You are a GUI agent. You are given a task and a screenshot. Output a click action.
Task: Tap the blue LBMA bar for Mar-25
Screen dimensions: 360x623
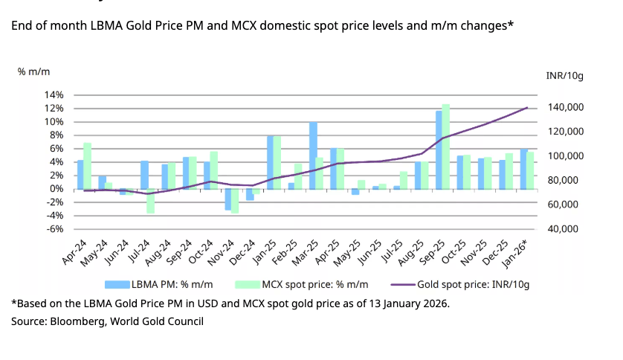[x=313, y=155]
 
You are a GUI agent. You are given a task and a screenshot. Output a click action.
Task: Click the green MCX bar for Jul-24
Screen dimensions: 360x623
[x=150, y=201]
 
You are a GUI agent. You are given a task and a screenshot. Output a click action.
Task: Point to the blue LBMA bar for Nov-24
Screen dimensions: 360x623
[x=228, y=199]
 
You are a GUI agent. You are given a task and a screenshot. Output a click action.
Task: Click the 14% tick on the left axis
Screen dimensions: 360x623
[x=54, y=95]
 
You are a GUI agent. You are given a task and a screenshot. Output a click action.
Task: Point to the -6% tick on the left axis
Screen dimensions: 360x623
[x=54, y=229]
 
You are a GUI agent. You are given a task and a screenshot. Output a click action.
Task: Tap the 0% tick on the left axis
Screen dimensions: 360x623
[x=57, y=189]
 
